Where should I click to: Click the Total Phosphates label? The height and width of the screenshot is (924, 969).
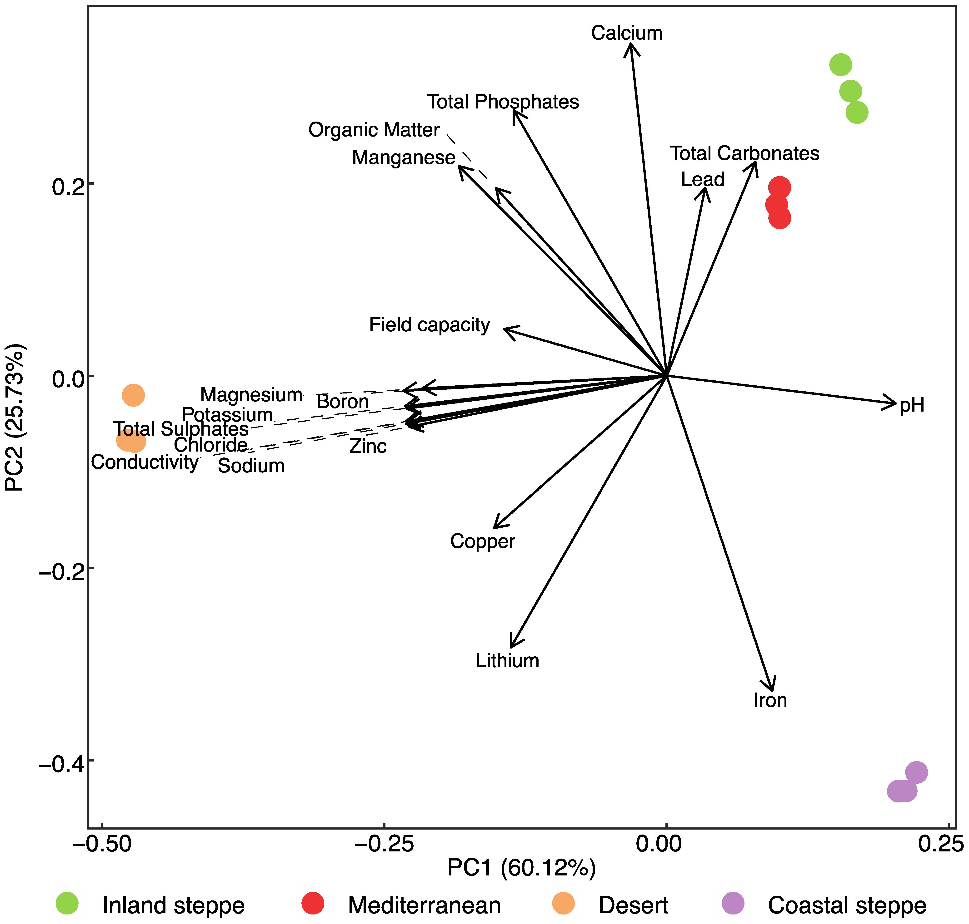503,102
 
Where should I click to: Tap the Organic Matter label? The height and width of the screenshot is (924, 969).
374,130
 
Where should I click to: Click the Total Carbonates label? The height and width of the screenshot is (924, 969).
744,154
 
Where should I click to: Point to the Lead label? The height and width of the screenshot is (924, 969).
702,180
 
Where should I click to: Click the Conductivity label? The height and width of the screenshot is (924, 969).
145,462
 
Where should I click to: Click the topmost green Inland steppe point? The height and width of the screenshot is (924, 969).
840,64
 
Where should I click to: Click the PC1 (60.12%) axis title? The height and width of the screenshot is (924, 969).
521,868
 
